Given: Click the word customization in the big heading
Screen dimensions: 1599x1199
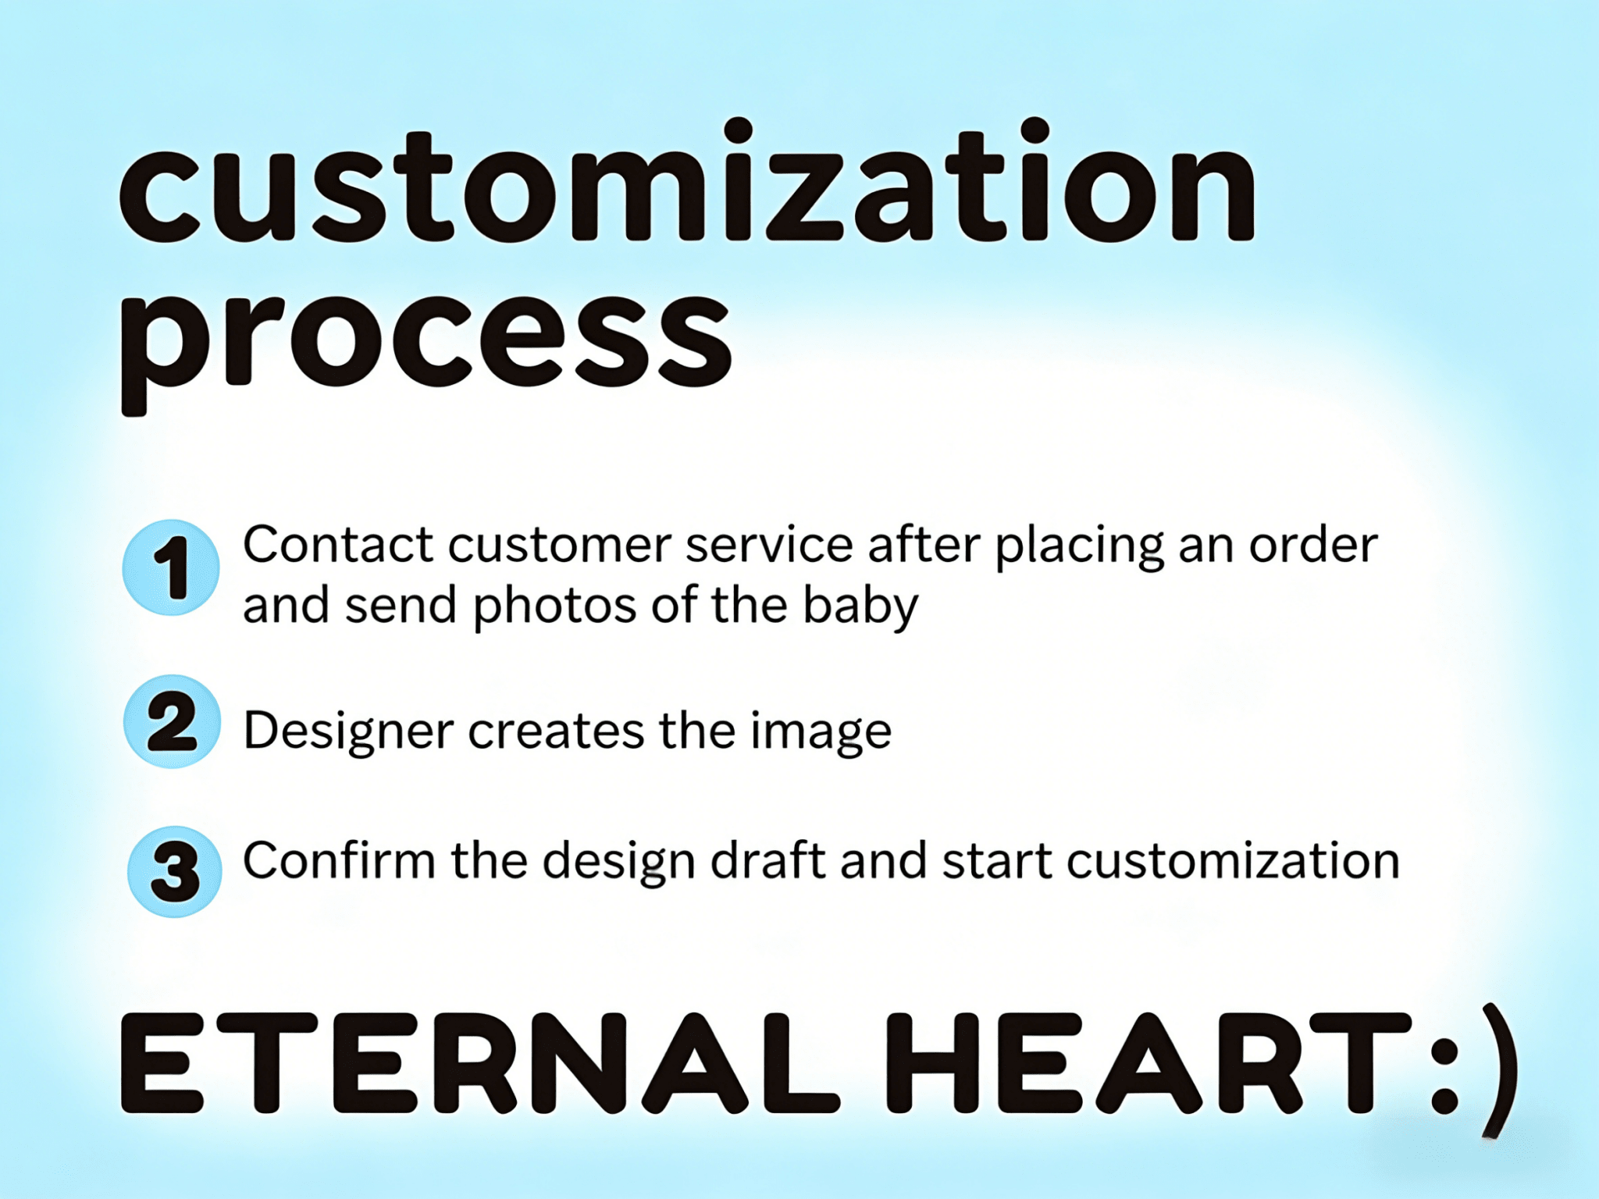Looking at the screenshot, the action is point(687,181).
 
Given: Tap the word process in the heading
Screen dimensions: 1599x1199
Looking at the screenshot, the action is point(426,343).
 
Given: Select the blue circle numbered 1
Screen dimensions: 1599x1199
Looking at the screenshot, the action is point(171,567).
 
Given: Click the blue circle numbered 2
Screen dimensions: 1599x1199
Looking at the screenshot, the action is point(172,722).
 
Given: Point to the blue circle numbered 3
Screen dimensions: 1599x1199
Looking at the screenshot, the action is point(174,872).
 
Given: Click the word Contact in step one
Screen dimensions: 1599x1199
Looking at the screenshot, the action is point(338,544).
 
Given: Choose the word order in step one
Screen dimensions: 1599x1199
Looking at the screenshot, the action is point(1313,544).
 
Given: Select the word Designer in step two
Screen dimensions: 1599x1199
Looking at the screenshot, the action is point(348,732).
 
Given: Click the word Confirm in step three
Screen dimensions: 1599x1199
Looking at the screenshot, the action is point(339,861).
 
